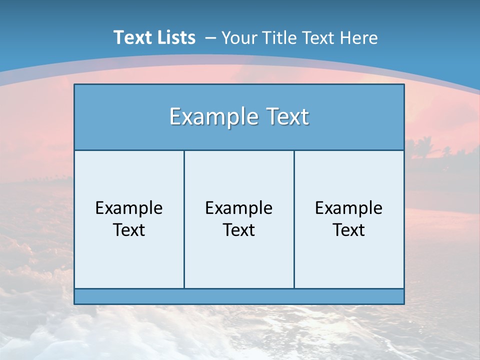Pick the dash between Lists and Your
click(x=210, y=38)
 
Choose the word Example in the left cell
click(x=129, y=208)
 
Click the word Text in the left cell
click(x=129, y=230)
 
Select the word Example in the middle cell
click(x=239, y=208)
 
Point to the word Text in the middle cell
click(x=239, y=230)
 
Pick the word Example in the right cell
click(x=348, y=208)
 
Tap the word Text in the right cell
click(x=348, y=230)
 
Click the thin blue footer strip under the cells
click(x=239, y=296)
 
